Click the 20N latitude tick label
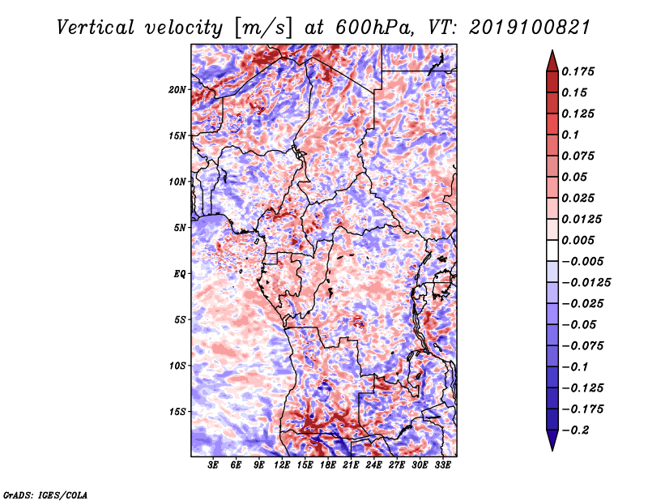click(177, 90)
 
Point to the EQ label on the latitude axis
click(180, 274)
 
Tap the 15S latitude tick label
click(177, 412)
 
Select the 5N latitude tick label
click(180, 228)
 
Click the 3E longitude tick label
click(213, 465)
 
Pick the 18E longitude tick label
click(328, 465)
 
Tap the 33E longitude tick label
click(442, 465)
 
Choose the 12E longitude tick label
click(282, 465)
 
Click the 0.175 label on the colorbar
click(578, 71)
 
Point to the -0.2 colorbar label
click(575, 430)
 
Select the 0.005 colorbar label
click(578, 240)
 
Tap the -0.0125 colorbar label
click(586, 283)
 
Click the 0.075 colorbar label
click(578, 156)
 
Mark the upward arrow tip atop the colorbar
click(552, 50)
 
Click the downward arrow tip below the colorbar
click(552, 450)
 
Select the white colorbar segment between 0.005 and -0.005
click(552, 250)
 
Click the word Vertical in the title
click(96, 28)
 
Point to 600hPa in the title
click(374, 28)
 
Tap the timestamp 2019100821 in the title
click(530, 28)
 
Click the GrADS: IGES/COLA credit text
click(45, 495)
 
